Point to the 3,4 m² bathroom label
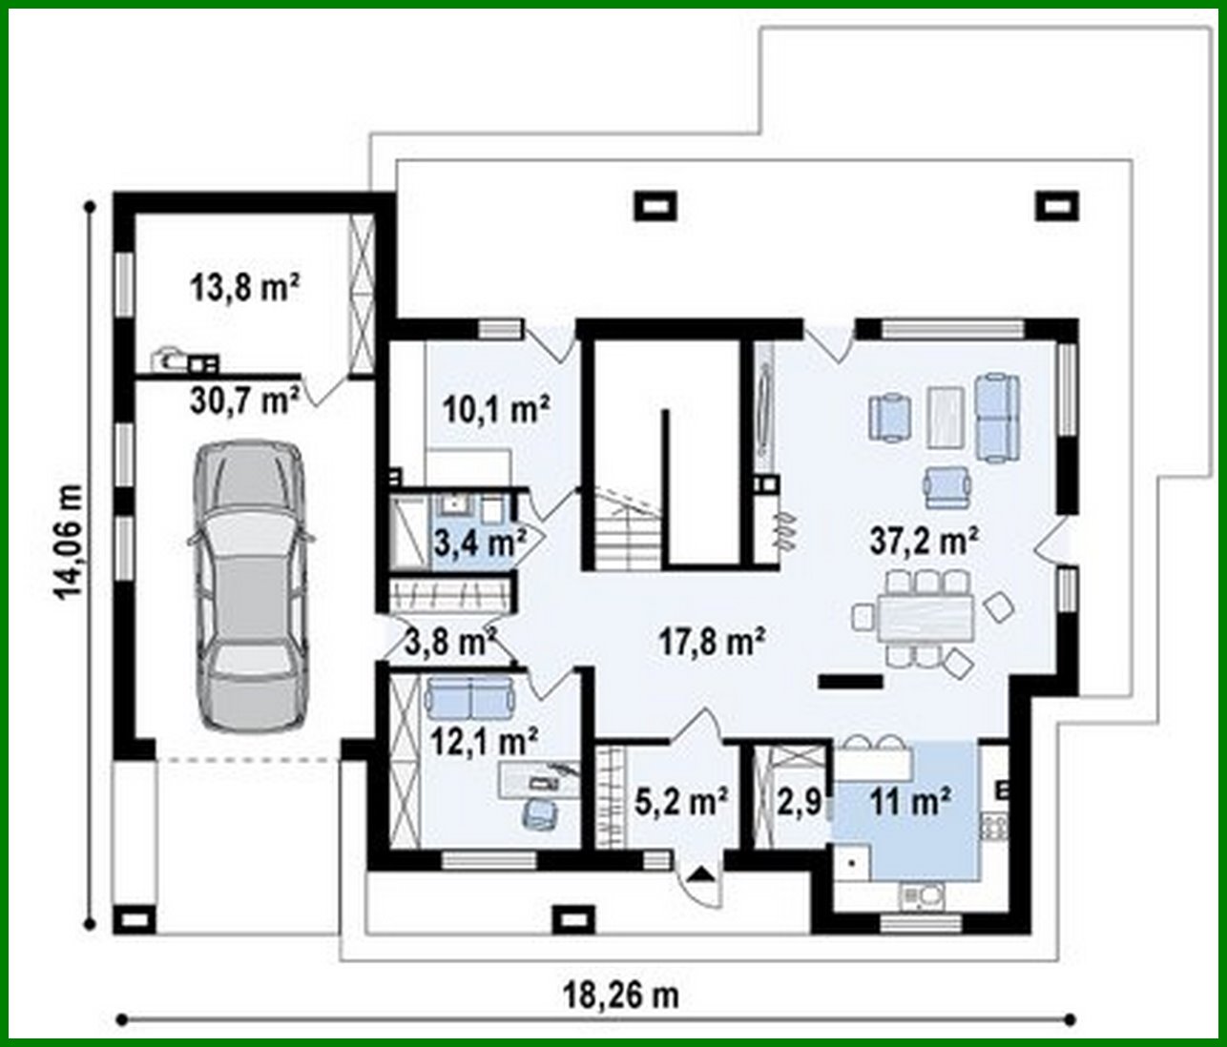click(480, 544)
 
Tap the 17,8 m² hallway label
click(714, 642)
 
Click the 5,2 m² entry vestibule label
click(682, 801)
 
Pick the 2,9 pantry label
click(799, 802)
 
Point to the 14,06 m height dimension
click(69, 543)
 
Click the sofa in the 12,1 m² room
click(469, 695)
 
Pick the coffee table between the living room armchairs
click(945, 416)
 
